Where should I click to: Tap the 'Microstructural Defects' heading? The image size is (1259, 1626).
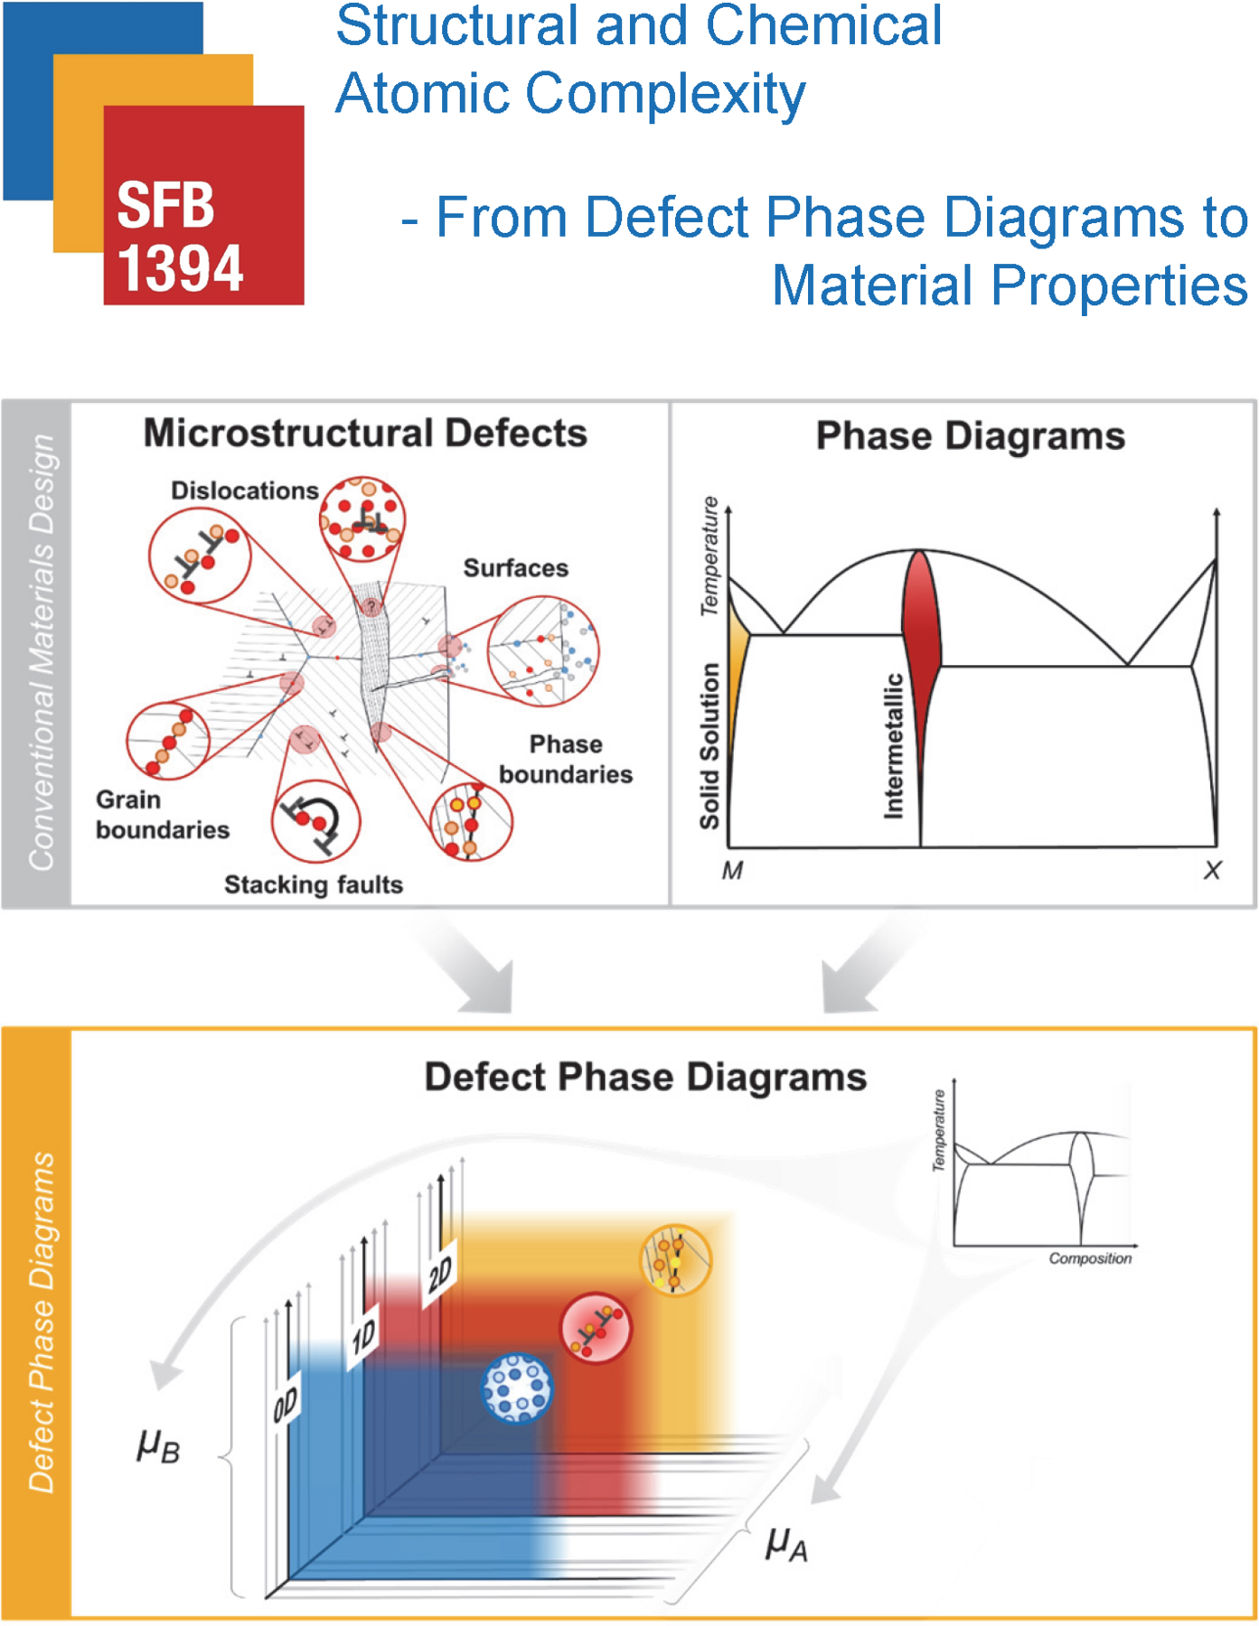365,434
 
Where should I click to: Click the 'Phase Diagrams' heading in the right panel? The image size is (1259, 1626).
970,436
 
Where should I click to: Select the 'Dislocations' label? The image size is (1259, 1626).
244,491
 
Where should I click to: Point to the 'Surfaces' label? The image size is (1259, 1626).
515,568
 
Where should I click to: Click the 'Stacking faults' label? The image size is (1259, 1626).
314,884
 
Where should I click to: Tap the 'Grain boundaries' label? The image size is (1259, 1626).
162,815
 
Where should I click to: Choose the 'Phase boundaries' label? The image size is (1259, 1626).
566,760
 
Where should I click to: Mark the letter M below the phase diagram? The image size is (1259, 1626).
732,871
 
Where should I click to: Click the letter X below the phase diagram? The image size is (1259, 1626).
1212,871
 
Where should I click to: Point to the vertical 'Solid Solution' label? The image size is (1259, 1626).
709,746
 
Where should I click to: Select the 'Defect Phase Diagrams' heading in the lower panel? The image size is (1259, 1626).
645,1078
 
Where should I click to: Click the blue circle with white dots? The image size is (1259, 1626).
517,1388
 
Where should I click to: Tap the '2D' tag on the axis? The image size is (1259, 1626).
441,1276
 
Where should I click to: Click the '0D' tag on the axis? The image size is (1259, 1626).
286,1406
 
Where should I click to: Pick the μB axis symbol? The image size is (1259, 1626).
158,1445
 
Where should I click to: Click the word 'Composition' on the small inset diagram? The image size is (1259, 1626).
1089,1258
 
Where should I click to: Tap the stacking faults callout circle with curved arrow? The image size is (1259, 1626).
316,821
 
